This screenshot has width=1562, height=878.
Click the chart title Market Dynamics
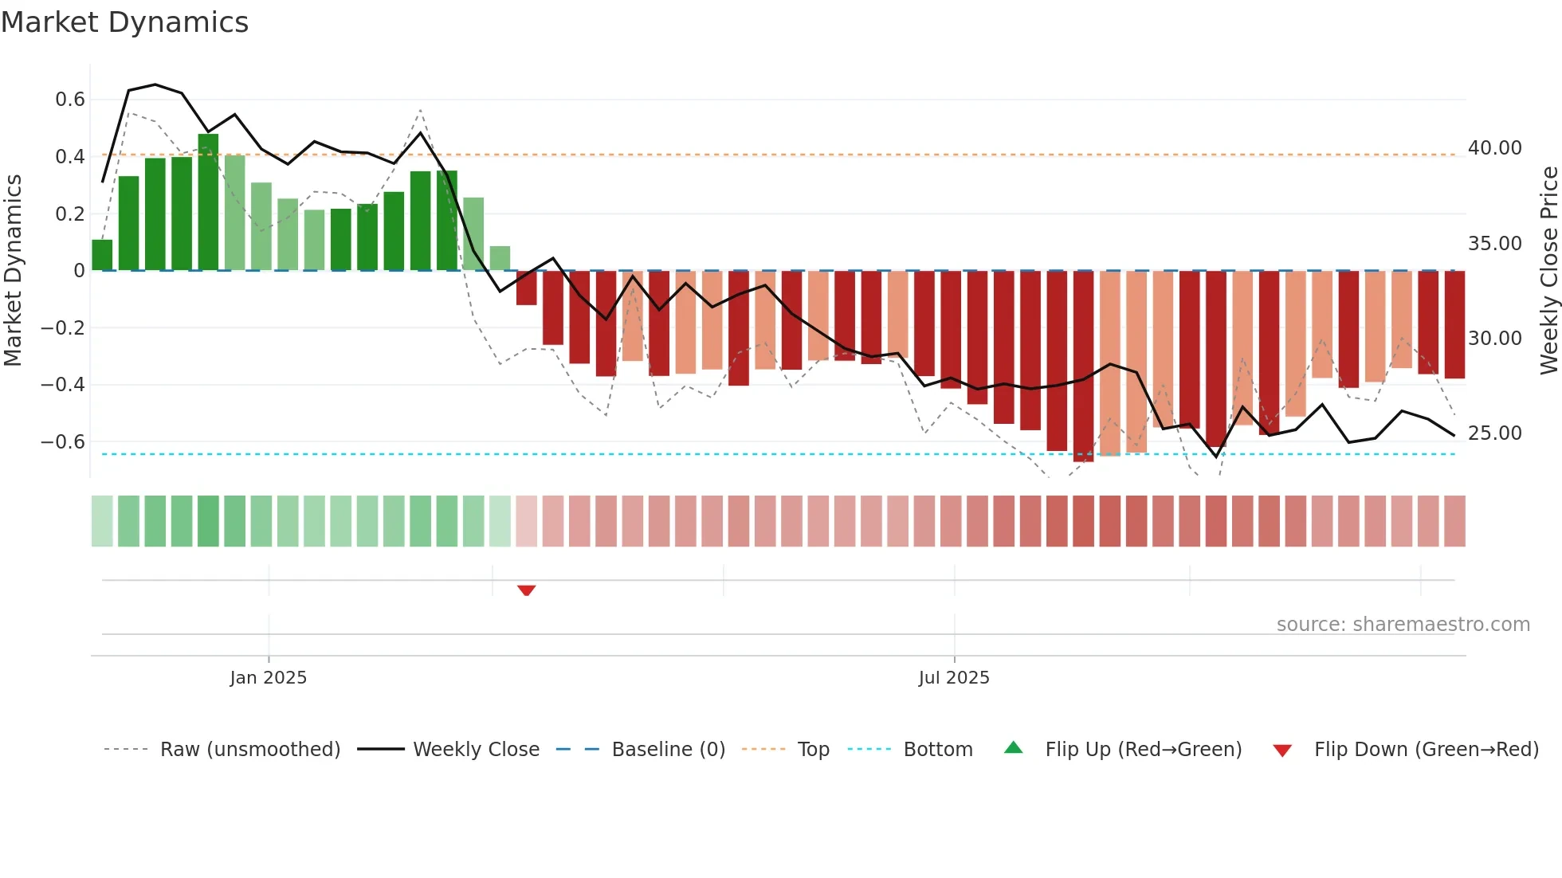124,22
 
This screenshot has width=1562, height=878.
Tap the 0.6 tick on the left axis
69,100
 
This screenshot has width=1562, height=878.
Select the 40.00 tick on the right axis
1494,148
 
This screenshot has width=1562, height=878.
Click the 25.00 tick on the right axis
1494,433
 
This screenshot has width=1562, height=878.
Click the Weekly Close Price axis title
1548,271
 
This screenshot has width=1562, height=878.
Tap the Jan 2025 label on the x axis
268,678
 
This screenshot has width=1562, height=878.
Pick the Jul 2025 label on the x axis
953,678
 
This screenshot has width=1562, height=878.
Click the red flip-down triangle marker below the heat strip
526,590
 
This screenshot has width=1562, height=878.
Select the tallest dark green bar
208,203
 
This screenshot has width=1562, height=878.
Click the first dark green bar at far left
102,255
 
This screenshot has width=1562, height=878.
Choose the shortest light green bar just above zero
500,258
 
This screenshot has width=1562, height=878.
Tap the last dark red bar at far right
1454,324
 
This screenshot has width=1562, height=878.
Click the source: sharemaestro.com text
1403,625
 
